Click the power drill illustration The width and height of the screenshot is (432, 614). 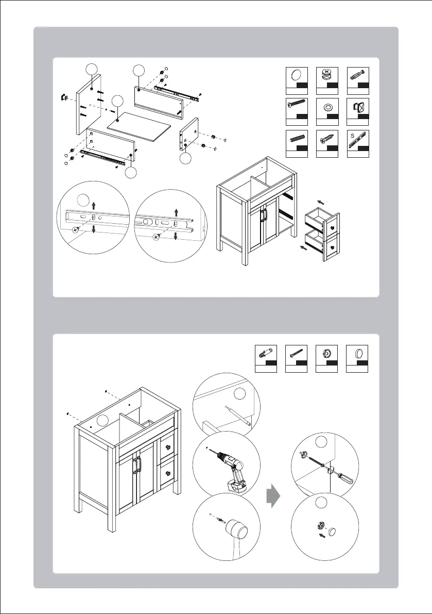[230, 463]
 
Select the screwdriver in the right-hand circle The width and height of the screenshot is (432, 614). [344, 478]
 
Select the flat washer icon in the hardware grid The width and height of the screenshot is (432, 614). [326, 108]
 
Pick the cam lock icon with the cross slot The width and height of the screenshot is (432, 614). [326, 74]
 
